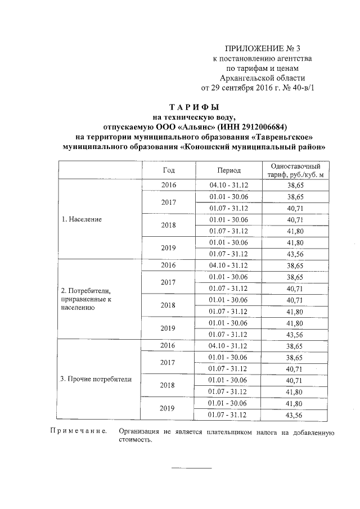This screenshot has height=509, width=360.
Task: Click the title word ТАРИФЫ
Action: click(193, 106)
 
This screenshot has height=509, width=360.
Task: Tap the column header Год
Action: click(168, 170)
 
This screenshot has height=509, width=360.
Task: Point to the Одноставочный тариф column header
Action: click(295, 170)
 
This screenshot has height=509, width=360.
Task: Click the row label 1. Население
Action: click(82, 219)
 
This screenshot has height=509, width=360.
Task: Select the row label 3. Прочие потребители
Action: click(96, 379)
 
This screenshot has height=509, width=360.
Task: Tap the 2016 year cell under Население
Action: click(168, 185)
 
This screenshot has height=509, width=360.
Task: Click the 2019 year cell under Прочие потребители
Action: click(168, 408)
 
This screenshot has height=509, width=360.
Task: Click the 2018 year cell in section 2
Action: click(168, 305)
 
